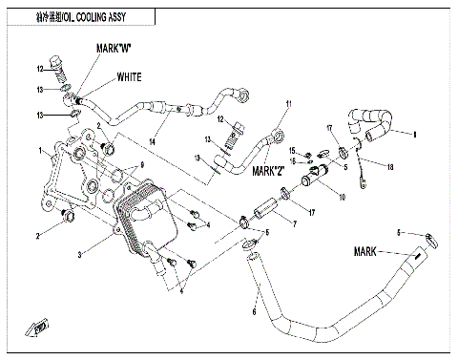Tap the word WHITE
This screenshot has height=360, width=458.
click(130, 76)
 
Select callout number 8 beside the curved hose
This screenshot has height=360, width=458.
click(415, 136)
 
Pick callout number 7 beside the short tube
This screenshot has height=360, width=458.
click(295, 226)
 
